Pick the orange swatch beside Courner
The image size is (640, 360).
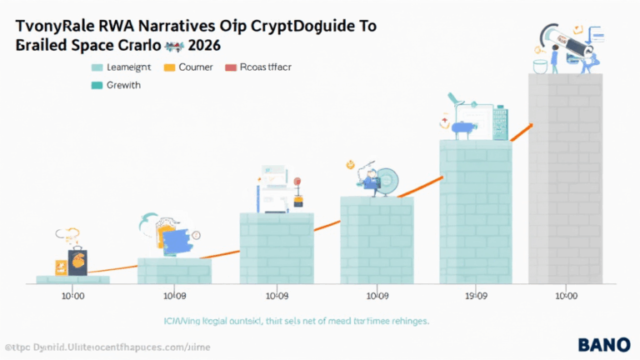pos(172,67)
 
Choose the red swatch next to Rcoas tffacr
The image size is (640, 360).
pos(232,67)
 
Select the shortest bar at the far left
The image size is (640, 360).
pos(73,280)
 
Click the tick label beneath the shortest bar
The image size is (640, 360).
pos(72,295)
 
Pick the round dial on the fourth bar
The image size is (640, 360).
pos(388,181)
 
